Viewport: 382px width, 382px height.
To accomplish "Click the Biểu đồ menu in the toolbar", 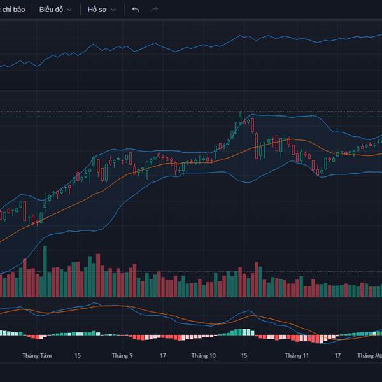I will click(x=51, y=10).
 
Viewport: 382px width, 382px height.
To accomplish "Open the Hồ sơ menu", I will click(x=97, y=10).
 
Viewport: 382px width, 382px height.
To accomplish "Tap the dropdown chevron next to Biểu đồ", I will click(x=69, y=10).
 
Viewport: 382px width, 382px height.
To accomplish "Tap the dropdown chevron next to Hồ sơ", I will click(x=113, y=10).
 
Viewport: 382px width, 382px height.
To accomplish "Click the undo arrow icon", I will click(x=135, y=10).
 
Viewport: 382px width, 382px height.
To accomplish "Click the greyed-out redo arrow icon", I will click(x=154, y=10).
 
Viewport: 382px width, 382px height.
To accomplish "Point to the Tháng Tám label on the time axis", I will click(x=35, y=356).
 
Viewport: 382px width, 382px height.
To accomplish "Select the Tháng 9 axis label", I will click(x=122, y=356).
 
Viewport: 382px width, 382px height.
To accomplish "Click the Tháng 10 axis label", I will click(x=204, y=356).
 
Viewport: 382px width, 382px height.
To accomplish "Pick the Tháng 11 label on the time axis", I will click(x=297, y=356).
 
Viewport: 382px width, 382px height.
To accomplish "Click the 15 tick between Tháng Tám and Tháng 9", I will click(x=78, y=356).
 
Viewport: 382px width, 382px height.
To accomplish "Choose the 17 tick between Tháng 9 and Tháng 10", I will click(x=163, y=356).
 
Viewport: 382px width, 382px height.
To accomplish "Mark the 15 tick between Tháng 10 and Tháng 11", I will click(x=244, y=356).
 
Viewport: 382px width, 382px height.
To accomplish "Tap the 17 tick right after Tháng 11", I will click(x=337, y=356).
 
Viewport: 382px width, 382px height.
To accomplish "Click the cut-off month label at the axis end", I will click(x=369, y=356).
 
